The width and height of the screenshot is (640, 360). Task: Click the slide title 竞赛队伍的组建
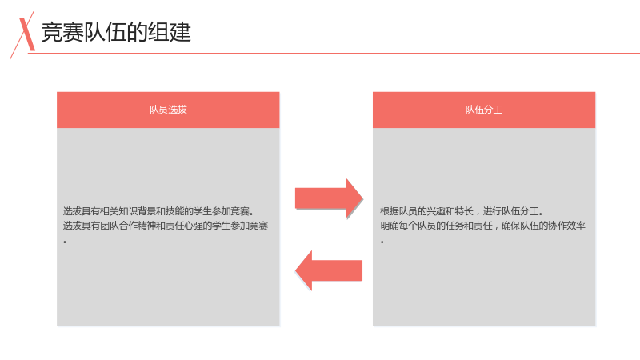(116, 32)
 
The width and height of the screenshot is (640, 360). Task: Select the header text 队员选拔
(168, 110)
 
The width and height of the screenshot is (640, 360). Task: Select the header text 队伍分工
(484, 110)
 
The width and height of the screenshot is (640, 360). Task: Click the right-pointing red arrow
(329, 198)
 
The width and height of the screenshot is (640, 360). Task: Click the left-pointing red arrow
(329, 270)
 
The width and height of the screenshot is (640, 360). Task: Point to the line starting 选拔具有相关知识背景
(158, 211)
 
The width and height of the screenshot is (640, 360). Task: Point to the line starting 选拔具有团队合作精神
(166, 226)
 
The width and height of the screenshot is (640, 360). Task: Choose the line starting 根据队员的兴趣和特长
(462, 211)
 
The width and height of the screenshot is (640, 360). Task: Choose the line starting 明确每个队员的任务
(483, 226)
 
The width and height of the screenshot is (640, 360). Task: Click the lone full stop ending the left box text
(65, 242)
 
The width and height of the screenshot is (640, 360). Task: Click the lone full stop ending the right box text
(382, 242)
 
